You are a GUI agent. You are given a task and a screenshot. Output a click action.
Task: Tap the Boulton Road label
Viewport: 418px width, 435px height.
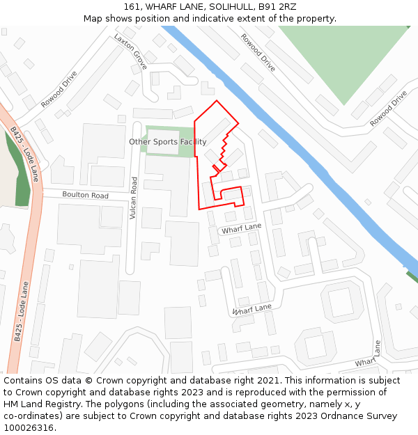click(x=85, y=196)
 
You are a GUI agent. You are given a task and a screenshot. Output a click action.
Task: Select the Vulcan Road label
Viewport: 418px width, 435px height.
click(x=134, y=199)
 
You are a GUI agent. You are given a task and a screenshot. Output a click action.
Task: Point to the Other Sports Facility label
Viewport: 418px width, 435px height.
click(x=168, y=142)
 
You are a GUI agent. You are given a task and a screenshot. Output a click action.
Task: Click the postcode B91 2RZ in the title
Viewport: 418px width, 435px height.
click(x=277, y=7)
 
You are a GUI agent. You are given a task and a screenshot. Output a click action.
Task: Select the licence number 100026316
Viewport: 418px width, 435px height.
click(x=30, y=427)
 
